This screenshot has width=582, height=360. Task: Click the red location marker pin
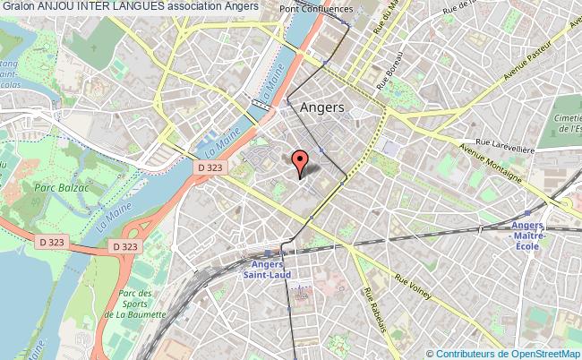(x=301, y=161)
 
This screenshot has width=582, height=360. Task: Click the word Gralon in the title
(x=18, y=6)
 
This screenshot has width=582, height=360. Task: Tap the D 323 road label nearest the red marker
(x=211, y=167)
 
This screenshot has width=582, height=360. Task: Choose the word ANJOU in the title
(x=55, y=6)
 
